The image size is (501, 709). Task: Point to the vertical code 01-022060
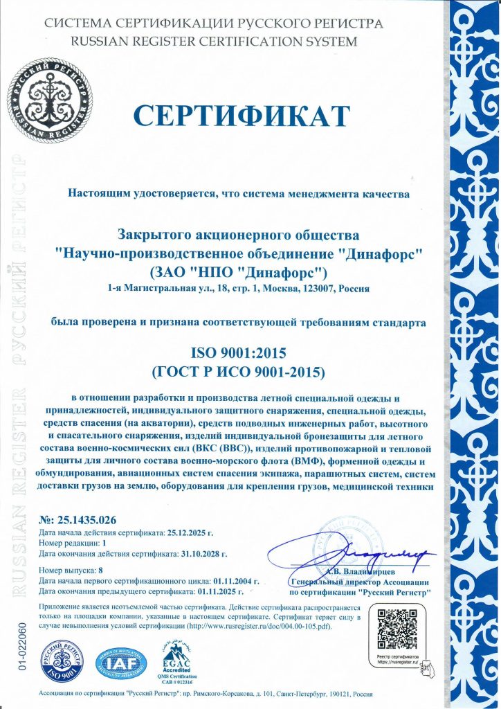click(x=22, y=647)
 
